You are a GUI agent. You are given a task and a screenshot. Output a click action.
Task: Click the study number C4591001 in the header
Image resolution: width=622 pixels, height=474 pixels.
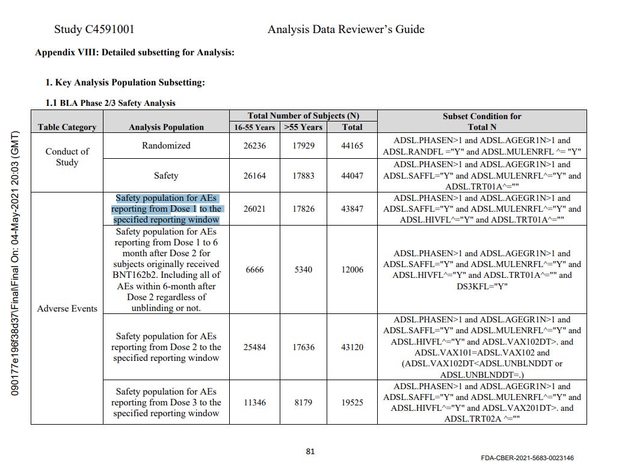click(94, 29)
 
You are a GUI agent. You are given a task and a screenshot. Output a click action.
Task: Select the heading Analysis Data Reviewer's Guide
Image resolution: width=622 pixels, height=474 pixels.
click(346, 29)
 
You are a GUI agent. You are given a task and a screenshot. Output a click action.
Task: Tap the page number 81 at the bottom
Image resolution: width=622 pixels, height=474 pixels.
click(310, 452)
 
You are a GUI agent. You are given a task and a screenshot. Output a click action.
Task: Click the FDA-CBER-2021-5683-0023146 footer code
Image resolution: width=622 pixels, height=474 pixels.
click(527, 458)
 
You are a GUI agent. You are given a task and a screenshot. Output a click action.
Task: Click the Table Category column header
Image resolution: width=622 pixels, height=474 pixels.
click(67, 127)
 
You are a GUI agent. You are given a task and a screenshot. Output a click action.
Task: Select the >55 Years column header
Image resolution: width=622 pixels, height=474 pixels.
click(303, 127)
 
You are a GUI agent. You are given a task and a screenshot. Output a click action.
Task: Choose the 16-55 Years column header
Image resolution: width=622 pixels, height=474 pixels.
click(254, 127)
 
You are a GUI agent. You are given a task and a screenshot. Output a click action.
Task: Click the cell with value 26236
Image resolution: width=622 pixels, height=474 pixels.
click(254, 146)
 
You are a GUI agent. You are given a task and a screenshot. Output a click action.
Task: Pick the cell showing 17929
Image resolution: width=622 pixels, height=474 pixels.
click(303, 146)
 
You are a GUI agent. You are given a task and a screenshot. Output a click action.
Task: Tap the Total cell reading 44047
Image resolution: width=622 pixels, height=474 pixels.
click(353, 176)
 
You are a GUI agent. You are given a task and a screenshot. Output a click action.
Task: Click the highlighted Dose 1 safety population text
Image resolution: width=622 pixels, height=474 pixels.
click(166, 209)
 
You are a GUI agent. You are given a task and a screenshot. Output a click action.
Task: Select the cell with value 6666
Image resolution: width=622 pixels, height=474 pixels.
click(254, 269)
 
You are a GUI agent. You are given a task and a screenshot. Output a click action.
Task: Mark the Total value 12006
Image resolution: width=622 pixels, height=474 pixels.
click(353, 269)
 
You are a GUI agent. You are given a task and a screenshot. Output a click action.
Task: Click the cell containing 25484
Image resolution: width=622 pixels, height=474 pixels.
click(254, 347)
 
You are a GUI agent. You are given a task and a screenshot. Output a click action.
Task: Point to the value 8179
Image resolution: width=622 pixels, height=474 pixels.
click(303, 402)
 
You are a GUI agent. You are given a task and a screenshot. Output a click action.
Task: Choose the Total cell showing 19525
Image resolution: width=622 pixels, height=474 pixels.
click(353, 402)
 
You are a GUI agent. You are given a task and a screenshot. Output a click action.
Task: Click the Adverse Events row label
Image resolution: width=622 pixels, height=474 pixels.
click(67, 309)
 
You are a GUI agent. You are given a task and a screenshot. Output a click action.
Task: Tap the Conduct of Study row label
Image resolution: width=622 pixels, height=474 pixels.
click(67, 156)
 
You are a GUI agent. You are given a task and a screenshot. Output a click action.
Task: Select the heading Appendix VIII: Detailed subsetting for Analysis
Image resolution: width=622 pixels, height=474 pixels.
click(134, 52)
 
